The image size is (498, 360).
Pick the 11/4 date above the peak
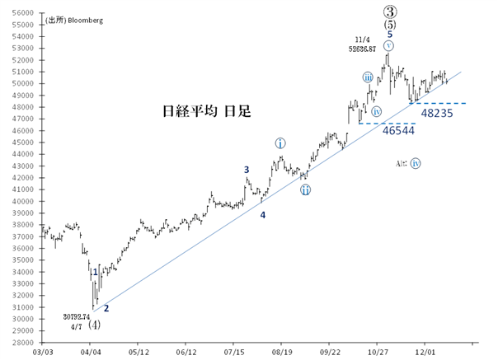(364, 40)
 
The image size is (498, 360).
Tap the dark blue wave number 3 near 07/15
(246, 170)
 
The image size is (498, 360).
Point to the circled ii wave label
(305, 190)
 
